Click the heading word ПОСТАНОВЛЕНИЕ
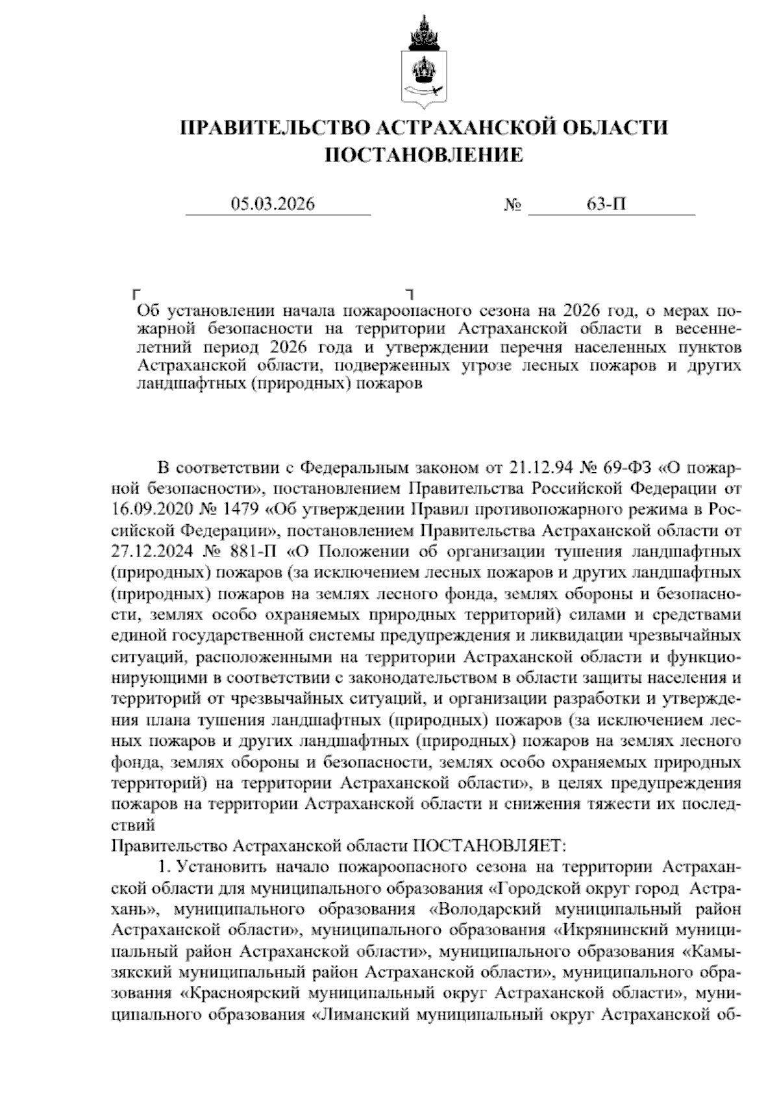tap(423, 155)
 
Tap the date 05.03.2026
tap(273, 204)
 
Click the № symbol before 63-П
tap(513, 206)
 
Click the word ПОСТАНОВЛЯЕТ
tap(489, 846)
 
